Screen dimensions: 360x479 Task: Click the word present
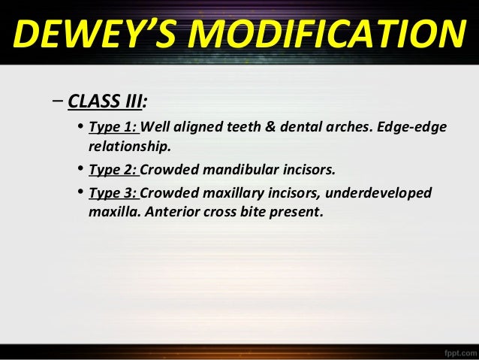[x=298, y=211]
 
